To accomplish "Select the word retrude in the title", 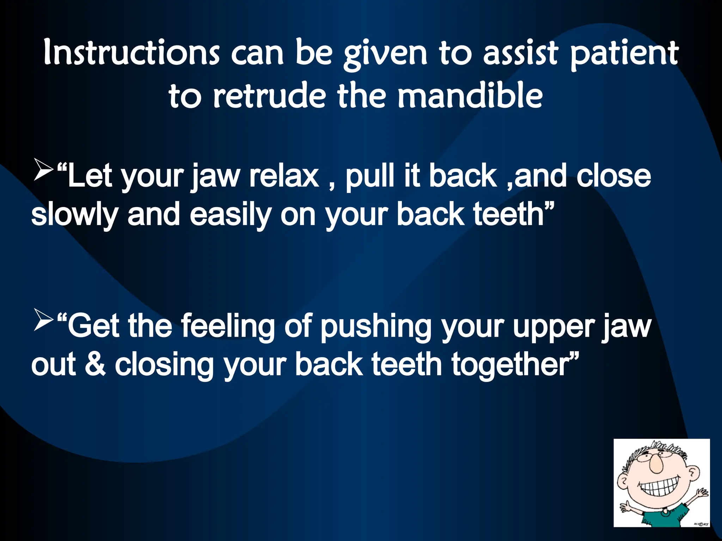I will click(269, 96).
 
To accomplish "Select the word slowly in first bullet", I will click(74, 216).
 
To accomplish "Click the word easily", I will click(230, 216).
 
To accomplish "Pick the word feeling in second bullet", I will click(228, 327).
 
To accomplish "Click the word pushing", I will click(376, 327).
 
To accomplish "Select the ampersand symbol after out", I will click(95, 365).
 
